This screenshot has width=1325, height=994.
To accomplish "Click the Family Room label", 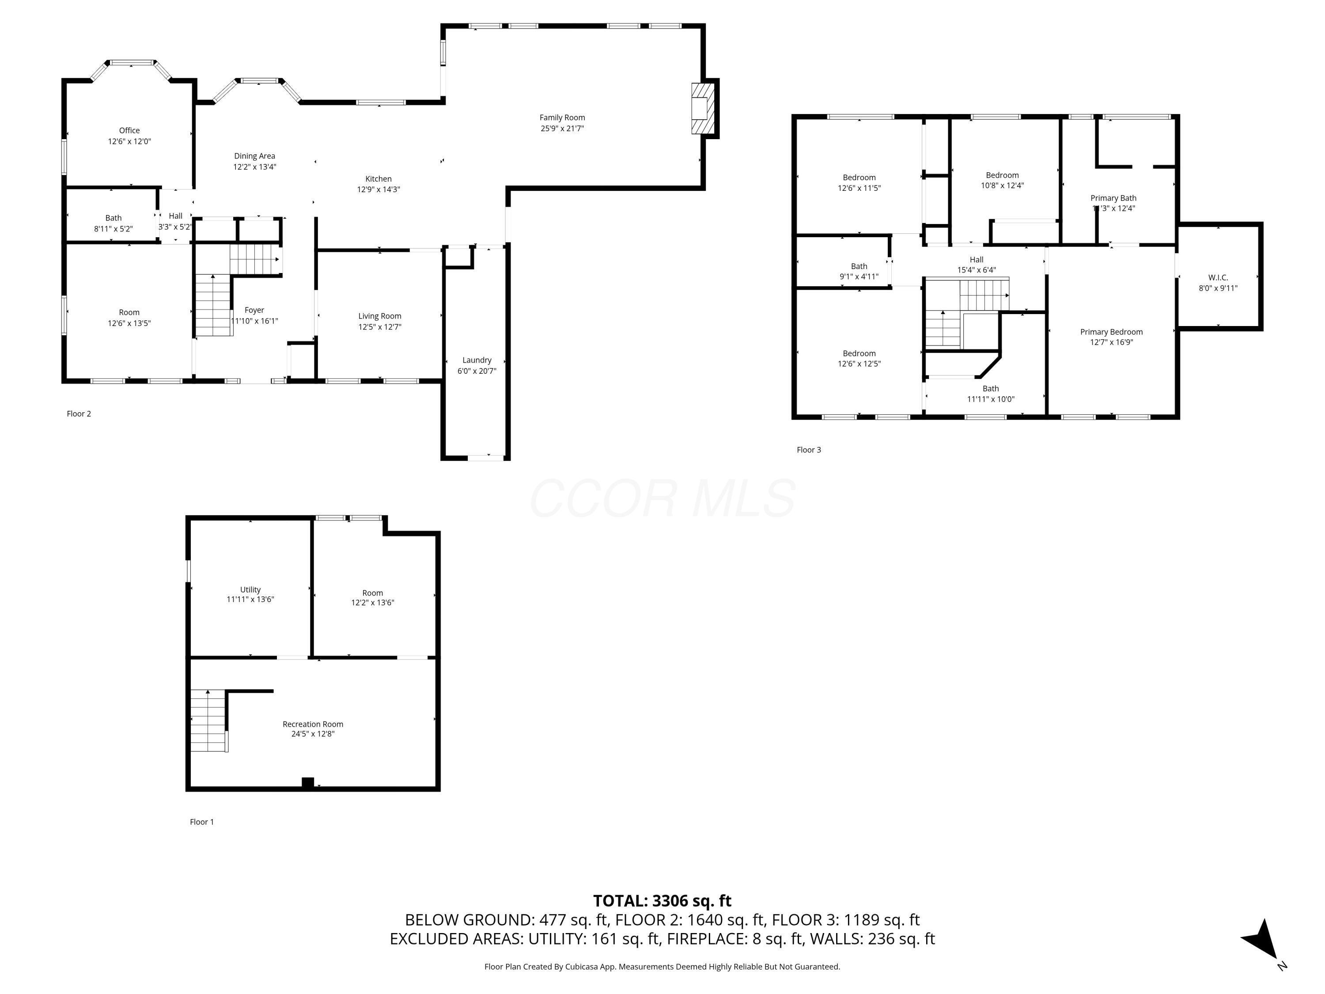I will click(x=562, y=118).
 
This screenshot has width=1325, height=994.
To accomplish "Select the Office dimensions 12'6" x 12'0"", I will click(x=129, y=141).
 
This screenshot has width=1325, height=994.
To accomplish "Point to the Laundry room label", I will click(x=477, y=360).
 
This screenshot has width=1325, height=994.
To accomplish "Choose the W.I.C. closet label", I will click(x=1218, y=277).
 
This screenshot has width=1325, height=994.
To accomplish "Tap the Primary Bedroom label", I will click(x=1111, y=332).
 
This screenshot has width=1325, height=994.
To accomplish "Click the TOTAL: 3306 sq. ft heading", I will click(x=662, y=900).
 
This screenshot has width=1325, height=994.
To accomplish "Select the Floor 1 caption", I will click(x=202, y=821).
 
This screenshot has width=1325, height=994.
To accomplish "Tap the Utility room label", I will click(x=250, y=590).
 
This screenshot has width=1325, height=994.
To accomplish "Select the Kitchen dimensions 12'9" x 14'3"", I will click(x=379, y=190).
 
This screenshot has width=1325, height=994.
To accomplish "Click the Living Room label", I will click(x=380, y=316).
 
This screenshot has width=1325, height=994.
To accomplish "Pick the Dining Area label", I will click(x=254, y=156).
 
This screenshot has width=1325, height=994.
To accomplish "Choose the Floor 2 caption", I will click(x=79, y=414).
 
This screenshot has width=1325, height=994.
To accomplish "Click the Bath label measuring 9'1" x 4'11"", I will click(x=859, y=266).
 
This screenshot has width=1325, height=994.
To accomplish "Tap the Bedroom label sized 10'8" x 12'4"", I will click(x=1002, y=175).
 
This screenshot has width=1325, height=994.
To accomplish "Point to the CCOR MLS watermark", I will click(x=662, y=498).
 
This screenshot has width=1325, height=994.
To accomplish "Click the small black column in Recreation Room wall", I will click(x=308, y=782).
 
